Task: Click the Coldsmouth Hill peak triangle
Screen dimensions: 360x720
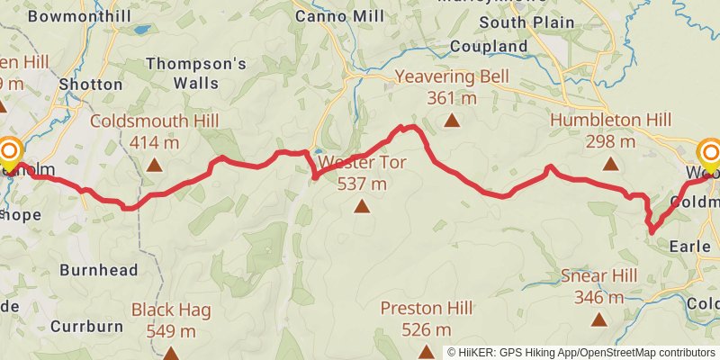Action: (x=155, y=165)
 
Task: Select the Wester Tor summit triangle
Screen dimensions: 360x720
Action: (x=362, y=207)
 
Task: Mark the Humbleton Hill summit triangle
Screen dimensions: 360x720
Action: (x=611, y=164)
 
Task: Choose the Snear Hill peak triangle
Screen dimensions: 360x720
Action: (x=598, y=319)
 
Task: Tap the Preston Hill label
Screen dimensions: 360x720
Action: (x=427, y=308)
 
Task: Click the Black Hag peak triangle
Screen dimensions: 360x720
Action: (x=171, y=351)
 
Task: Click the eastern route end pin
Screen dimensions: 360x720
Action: (x=710, y=155)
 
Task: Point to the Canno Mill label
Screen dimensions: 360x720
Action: (x=337, y=15)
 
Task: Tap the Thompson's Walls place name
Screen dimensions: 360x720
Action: (x=195, y=73)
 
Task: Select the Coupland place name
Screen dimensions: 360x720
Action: (x=488, y=46)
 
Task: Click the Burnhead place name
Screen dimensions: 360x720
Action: (x=98, y=269)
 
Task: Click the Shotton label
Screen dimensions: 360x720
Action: (x=90, y=84)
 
